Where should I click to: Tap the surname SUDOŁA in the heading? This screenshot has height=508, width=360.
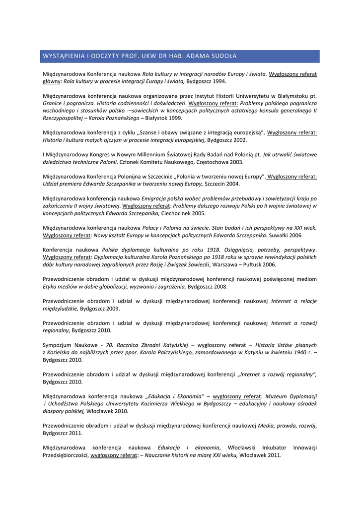(223, 56)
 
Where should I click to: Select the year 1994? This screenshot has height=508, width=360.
(219, 81)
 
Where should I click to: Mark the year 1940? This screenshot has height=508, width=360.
(299, 352)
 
